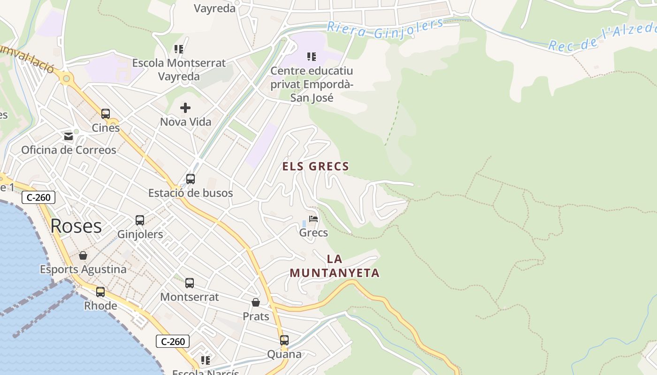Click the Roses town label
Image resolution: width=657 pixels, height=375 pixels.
tap(76, 226)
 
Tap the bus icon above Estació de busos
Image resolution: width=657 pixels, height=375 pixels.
tap(190, 179)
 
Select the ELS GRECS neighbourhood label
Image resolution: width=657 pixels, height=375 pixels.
tap(315, 166)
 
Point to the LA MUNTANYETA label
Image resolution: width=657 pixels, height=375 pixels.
tap(334, 266)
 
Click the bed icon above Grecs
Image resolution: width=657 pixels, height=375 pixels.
tap(313, 218)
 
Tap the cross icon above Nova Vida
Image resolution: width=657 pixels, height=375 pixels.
tap(185, 108)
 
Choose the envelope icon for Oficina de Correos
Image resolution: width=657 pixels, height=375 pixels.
tap(69, 136)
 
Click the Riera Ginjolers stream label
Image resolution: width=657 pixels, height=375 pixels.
tap(385, 28)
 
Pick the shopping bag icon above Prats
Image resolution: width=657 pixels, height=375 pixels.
tap(256, 302)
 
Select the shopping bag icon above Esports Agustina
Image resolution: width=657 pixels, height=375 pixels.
tap(83, 255)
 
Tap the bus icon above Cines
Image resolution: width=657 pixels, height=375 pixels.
tap(106, 113)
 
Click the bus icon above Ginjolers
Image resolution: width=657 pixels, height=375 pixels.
tap(140, 220)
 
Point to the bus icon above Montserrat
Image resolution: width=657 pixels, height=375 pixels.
tap(190, 283)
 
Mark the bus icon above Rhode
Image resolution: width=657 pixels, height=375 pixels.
tap(100, 292)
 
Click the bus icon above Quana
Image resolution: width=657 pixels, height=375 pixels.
tap(284, 340)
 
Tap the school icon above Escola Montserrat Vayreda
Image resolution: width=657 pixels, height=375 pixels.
tap(178, 49)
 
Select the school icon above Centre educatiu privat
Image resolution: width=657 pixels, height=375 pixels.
tap(312, 57)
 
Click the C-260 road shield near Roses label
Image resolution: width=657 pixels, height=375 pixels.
tap(38, 197)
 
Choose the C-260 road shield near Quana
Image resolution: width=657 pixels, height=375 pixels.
tap(173, 341)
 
